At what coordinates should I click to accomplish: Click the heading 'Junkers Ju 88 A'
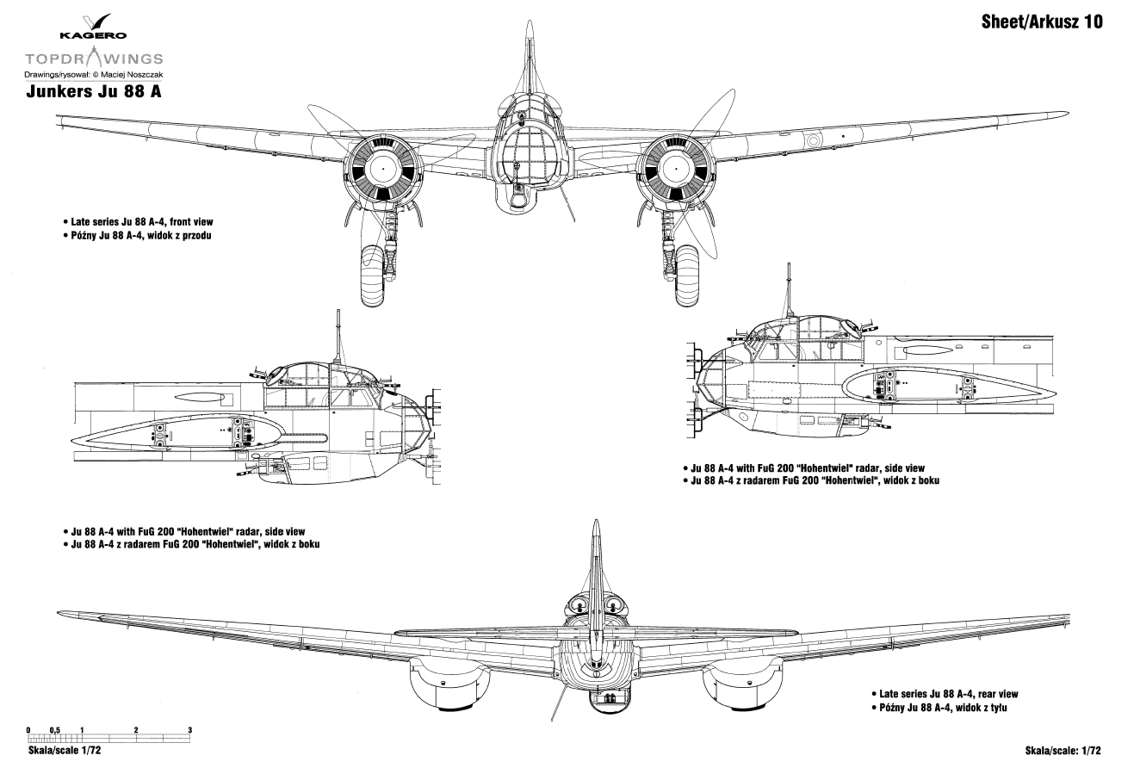click(94, 91)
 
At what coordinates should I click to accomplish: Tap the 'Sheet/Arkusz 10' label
click(1042, 22)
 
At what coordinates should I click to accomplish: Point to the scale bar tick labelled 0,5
click(54, 730)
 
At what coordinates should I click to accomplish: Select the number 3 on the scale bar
click(189, 730)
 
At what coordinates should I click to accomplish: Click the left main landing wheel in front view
click(373, 276)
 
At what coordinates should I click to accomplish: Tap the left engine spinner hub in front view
click(383, 169)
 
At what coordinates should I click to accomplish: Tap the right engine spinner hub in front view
click(675, 169)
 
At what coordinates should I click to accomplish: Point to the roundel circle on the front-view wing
click(813, 139)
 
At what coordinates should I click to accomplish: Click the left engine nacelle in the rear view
click(449, 685)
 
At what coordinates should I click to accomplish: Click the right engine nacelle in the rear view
click(743, 685)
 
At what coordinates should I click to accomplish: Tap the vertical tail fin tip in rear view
click(596, 520)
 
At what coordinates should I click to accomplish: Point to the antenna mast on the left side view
click(338, 336)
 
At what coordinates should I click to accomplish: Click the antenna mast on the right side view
click(789, 290)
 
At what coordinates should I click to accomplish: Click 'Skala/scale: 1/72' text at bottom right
click(1063, 751)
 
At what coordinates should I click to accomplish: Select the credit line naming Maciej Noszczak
click(94, 75)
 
